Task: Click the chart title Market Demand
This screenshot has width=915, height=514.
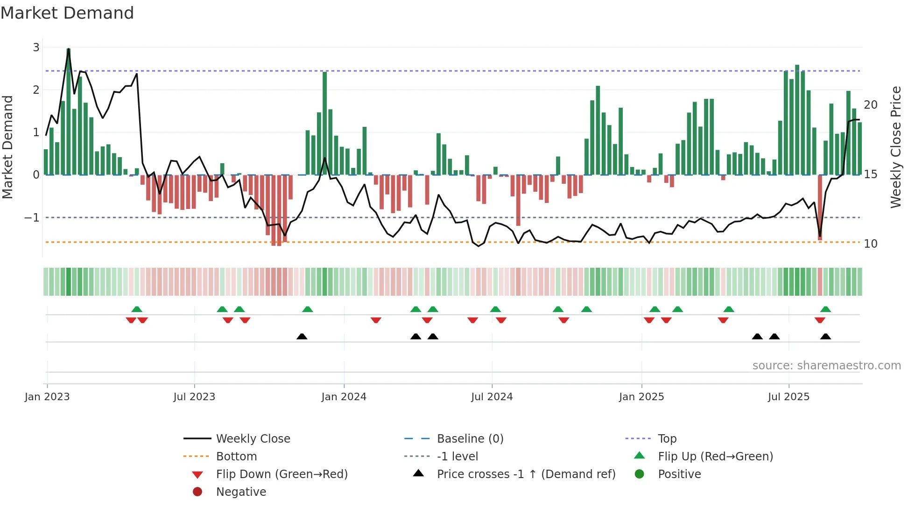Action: tap(67, 13)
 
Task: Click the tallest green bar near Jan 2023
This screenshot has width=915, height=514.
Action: tap(69, 112)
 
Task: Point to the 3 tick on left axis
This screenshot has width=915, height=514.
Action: tap(36, 47)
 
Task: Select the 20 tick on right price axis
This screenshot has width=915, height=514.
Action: tap(870, 105)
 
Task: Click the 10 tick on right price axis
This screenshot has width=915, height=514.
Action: tap(870, 244)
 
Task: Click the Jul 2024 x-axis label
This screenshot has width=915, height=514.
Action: tap(492, 397)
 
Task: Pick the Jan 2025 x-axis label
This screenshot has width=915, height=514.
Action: tap(641, 397)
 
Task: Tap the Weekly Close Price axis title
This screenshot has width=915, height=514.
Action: tap(895, 147)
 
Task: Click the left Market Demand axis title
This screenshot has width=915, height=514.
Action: tap(8, 147)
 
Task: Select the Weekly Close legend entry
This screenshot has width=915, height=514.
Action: tap(253, 439)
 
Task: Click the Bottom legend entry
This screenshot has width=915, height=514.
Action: tap(236, 457)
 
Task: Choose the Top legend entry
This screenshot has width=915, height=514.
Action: tap(667, 439)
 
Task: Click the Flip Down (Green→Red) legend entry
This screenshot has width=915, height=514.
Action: tap(282, 474)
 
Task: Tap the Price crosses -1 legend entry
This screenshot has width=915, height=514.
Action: tap(526, 474)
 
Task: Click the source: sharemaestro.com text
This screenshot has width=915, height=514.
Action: tap(826, 366)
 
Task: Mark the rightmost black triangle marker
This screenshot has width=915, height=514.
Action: tap(825, 337)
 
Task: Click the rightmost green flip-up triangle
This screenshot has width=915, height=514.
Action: tap(825, 309)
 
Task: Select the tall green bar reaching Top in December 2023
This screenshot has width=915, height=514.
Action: tap(325, 124)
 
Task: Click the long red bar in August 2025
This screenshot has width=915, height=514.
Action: tap(820, 208)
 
